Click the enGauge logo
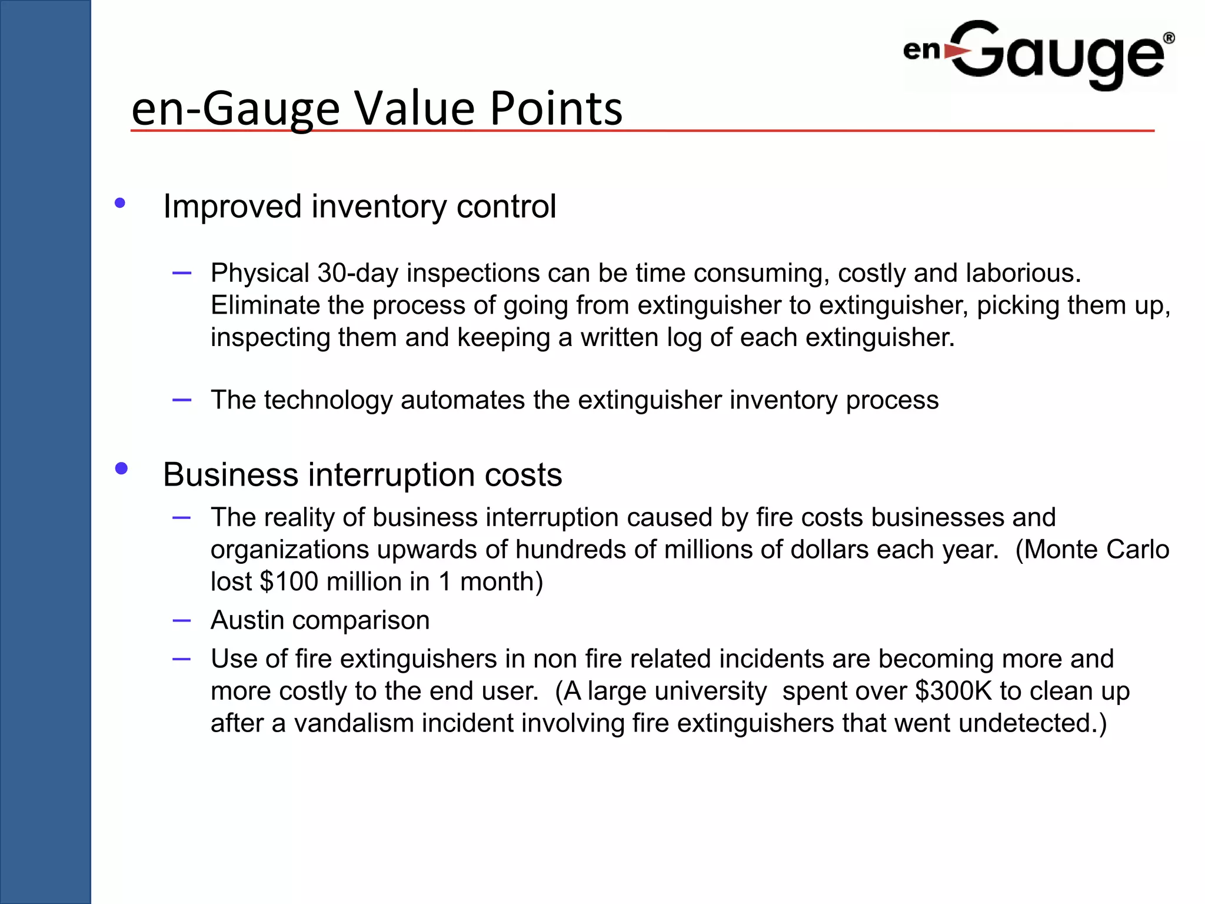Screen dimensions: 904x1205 (1039, 54)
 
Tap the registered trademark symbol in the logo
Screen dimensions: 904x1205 (1169, 38)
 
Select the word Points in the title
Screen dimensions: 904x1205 (556, 108)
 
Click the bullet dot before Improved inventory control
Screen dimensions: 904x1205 (120, 204)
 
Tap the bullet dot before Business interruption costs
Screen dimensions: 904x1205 (121, 468)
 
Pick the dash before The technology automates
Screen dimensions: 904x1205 (182, 400)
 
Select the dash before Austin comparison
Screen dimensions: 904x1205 (182, 620)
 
